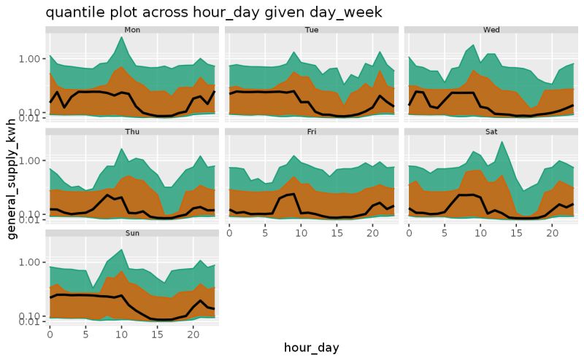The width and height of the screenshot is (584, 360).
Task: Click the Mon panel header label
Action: tap(133, 30)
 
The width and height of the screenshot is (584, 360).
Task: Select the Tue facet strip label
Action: tap(312, 30)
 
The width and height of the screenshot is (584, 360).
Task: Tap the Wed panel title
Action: tap(491, 30)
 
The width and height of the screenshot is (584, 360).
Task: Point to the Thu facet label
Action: tap(133, 132)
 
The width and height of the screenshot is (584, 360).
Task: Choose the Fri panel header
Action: tap(312, 132)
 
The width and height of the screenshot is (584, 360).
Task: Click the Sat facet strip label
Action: tap(491, 132)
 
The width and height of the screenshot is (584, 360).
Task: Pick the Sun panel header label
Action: tap(133, 233)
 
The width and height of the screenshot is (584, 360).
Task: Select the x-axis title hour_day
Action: tap(312, 348)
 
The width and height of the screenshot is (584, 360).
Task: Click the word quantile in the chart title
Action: tap(73, 12)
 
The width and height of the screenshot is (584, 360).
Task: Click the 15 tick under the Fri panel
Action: tap(337, 231)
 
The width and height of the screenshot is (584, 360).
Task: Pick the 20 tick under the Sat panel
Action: tap(552, 231)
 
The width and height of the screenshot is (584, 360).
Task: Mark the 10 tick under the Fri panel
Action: tap(301, 231)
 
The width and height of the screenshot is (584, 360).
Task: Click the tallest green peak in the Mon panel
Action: tap(121, 37)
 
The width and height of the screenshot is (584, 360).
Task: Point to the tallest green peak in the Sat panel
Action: tap(502, 141)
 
